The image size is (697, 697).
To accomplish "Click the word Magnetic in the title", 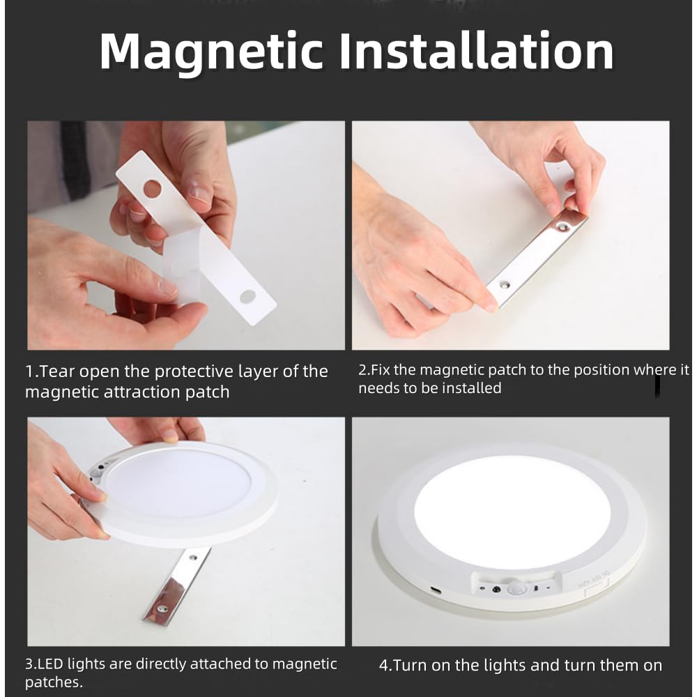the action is pyautogui.click(x=210, y=53).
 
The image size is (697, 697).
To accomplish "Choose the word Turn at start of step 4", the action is pyautogui.click(x=410, y=666).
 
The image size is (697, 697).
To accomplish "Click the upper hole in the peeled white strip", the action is pyautogui.click(x=152, y=188).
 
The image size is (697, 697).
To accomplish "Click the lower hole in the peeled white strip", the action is pyautogui.click(x=247, y=297).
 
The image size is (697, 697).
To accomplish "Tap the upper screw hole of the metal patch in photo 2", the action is pyautogui.click(x=564, y=228).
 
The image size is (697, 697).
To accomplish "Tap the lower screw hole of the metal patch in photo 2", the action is pyautogui.click(x=504, y=285).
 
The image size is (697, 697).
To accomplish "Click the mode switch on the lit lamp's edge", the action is pyautogui.click(x=596, y=590).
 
